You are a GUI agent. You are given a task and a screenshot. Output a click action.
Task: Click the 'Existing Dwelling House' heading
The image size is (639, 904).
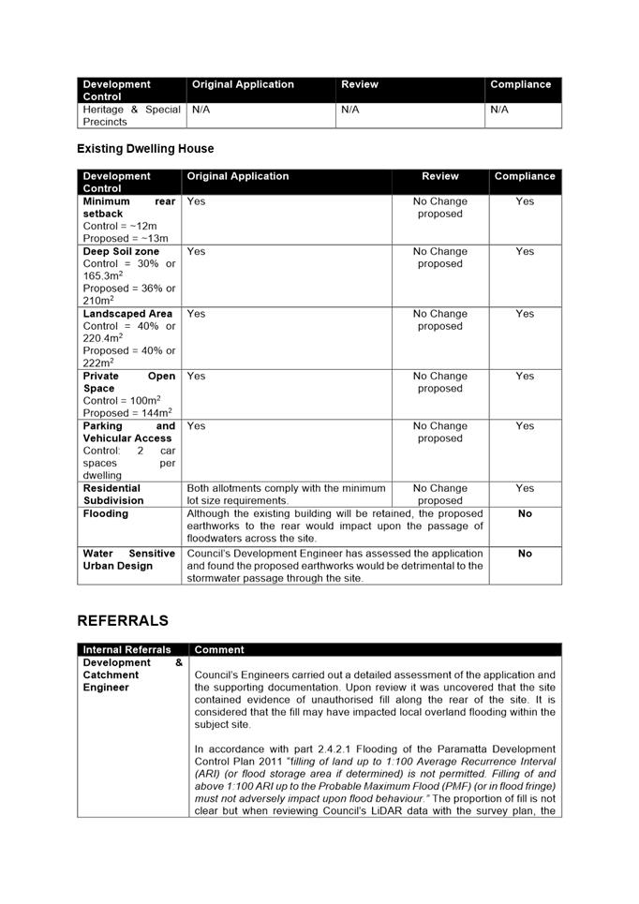145,149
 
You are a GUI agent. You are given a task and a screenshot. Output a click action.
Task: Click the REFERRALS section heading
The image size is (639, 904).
123,621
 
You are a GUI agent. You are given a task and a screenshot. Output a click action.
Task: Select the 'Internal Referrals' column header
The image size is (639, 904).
127,649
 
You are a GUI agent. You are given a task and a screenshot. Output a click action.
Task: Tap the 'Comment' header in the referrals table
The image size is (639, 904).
219,649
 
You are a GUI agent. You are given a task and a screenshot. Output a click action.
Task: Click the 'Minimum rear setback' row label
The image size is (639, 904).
128,207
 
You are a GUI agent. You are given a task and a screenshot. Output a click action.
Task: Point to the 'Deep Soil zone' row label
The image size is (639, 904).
121,251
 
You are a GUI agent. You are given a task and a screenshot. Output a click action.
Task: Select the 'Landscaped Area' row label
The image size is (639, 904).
127,314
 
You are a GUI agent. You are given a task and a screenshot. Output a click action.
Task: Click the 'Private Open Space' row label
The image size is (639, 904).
128,382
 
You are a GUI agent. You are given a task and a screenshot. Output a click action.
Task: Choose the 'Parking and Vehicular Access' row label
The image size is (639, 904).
128,432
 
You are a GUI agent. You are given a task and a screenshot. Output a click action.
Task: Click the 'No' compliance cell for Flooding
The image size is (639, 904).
525,513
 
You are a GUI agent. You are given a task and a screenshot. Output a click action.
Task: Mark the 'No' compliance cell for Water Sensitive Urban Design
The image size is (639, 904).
525,554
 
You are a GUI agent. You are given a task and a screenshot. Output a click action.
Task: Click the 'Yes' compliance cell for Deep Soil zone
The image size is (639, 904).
525,251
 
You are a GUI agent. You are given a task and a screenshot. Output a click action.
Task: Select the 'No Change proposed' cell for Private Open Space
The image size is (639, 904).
440,382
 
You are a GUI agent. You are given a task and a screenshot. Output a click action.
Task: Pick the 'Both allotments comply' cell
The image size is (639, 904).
286,494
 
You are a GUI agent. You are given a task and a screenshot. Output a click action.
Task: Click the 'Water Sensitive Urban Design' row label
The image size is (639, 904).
128,559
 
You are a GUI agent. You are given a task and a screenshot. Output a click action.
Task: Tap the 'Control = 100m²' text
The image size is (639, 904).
121,400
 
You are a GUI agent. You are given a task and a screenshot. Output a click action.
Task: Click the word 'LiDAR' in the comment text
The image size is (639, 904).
398,811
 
